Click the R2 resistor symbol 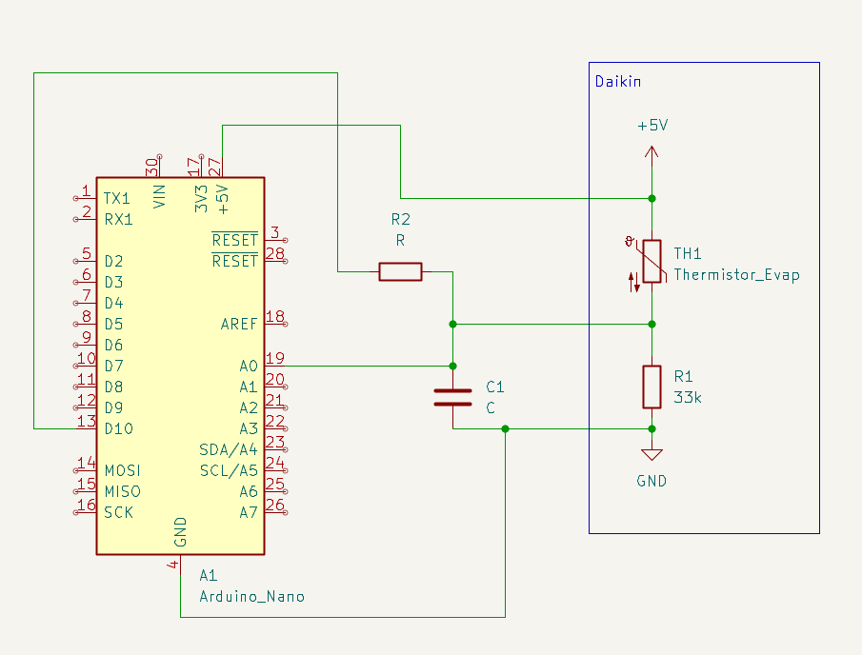pyautogui.click(x=400, y=272)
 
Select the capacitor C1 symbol pyautogui.click(x=452, y=397)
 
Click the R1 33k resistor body pyautogui.click(x=652, y=387)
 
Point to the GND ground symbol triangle pyautogui.click(x=652, y=454)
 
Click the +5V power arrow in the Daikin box pyautogui.click(x=652, y=155)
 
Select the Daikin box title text pyautogui.click(x=618, y=82)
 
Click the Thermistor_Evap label pyautogui.click(x=736, y=275)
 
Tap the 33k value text pyautogui.click(x=688, y=397)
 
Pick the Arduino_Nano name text pyautogui.click(x=251, y=597)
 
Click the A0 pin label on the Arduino pyautogui.click(x=249, y=366)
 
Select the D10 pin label pyautogui.click(x=119, y=428)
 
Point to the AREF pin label pyautogui.click(x=239, y=325)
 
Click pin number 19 pyautogui.click(x=275, y=358)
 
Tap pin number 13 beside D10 pyautogui.click(x=87, y=421)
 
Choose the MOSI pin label pyautogui.click(x=123, y=471)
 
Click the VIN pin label pyautogui.click(x=159, y=197)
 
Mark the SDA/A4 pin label pyautogui.click(x=229, y=450)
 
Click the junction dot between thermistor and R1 pyautogui.click(x=652, y=325)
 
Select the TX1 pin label pyautogui.click(x=117, y=198)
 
